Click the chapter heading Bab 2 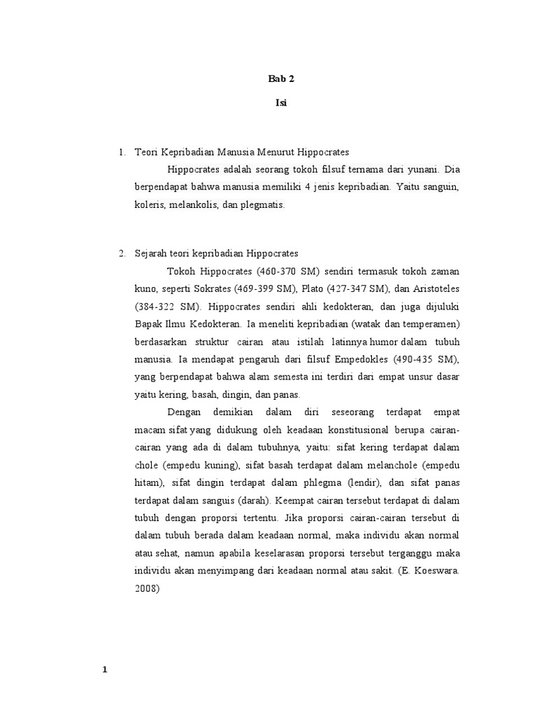click(x=281, y=79)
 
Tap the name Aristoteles click(x=433, y=288)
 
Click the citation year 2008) click(x=148, y=589)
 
